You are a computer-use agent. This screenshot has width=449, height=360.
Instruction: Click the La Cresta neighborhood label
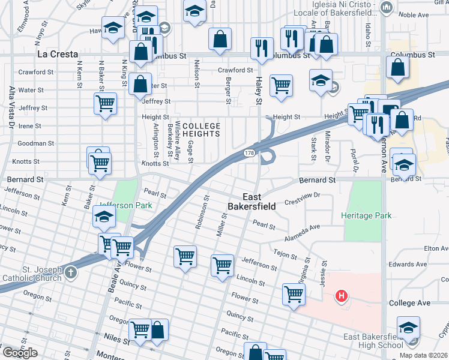tap(58, 54)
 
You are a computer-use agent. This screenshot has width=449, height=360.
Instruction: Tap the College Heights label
tap(201, 130)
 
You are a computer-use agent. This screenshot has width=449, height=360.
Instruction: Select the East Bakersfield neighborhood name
tap(259, 202)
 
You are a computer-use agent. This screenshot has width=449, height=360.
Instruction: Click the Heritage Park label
tap(366, 215)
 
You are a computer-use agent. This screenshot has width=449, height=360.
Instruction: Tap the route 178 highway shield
tap(249, 154)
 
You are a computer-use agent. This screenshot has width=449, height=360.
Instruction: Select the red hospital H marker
tap(342, 296)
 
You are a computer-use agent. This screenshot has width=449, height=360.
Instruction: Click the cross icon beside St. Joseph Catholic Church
tap(71, 273)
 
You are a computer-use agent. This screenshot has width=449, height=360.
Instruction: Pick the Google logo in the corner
tap(19, 353)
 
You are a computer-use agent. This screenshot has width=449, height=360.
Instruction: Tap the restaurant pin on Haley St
tap(262, 49)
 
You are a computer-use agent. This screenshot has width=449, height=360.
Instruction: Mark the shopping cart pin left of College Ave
tap(294, 294)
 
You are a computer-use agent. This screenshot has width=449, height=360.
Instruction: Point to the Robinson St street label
tap(201, 213)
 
